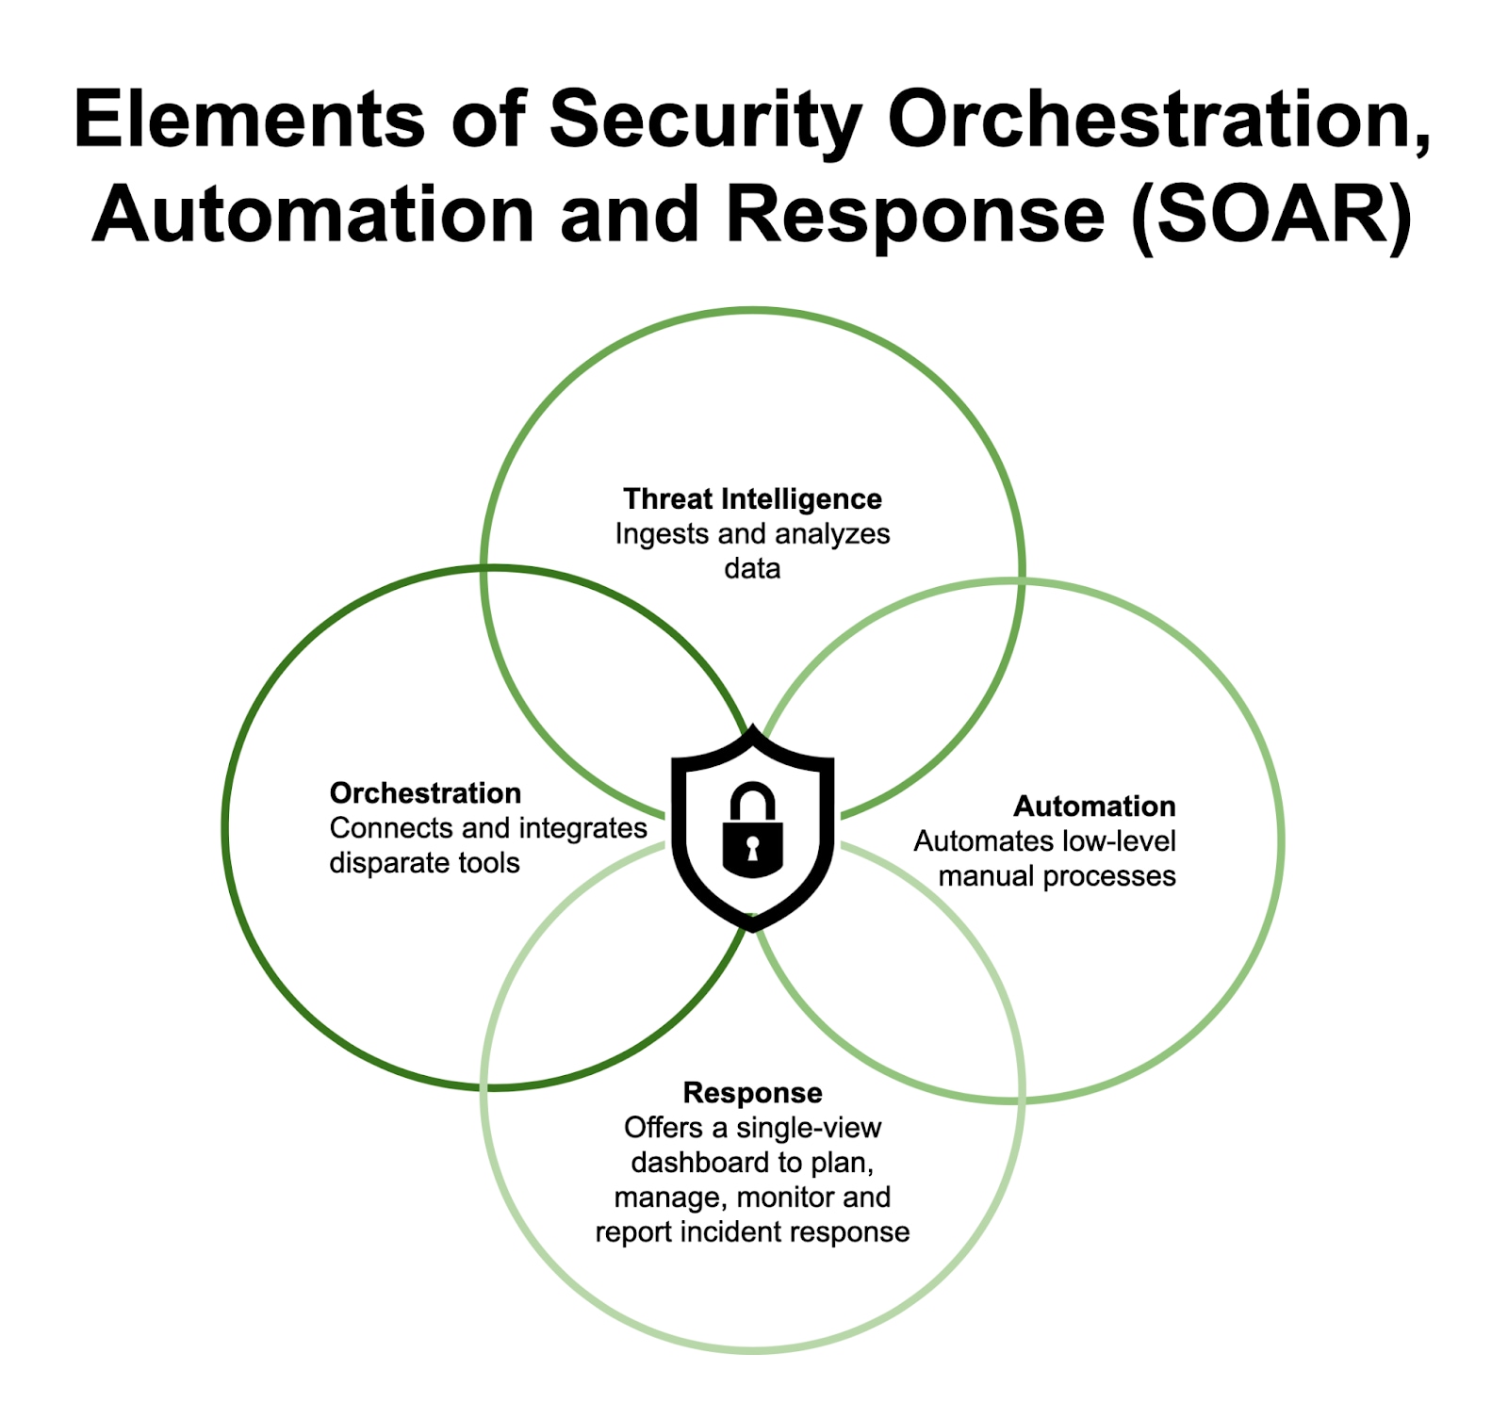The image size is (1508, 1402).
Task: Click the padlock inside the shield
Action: (x=752, y=832)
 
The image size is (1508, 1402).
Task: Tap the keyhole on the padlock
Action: (x=752, y=847)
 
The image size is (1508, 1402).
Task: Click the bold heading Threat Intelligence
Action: (x=752, y=498)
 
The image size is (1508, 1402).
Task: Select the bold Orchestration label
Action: (x=425, y=793)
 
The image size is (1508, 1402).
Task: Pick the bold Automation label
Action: (x=1094, y=807)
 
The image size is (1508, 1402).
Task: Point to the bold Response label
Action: (x=752, y=1093)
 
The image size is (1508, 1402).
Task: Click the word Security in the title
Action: (x=705, y=120)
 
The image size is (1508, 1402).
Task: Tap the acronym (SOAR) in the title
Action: (x=1271, y=215)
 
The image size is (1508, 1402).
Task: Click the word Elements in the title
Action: (x=249, y=120)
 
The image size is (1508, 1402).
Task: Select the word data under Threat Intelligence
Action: (x=752, y=569)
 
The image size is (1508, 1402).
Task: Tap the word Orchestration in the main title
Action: (x=1159, y=120)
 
